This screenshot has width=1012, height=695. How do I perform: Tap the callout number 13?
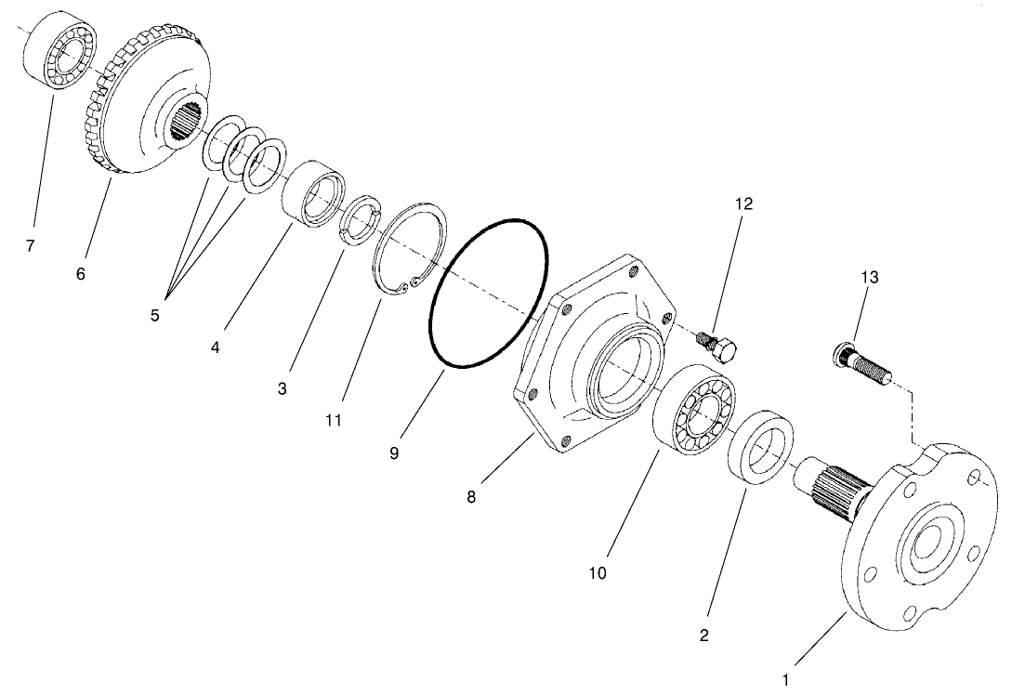[869, 277]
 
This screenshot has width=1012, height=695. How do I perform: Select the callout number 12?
[743, 203]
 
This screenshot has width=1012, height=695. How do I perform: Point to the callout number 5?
[155, 315]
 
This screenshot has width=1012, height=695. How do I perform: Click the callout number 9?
[394, 452]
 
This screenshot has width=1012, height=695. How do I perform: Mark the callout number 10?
[598, 573]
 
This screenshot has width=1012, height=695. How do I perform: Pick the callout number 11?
[334, 421]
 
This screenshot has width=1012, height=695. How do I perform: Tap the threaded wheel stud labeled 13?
[863, 363]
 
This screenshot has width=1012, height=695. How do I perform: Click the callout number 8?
[471, 497]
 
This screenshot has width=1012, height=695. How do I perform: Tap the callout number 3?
[282, 389]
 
